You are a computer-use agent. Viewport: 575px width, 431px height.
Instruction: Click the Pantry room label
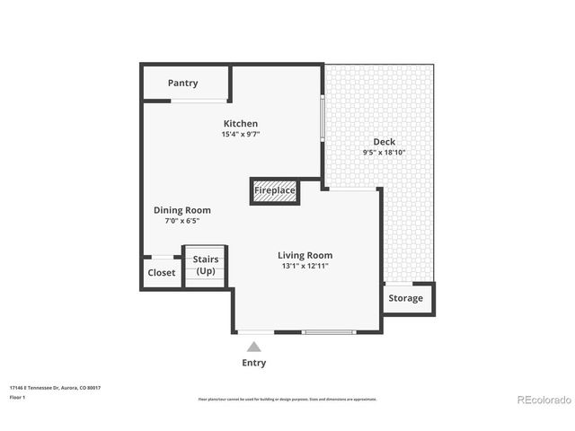[182, 84]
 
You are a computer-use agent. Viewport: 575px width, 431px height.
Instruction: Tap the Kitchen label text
[240, 124]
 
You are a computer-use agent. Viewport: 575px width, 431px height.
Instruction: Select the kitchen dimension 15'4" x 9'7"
[240, 135]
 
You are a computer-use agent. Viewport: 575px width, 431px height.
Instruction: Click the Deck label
[384, 142]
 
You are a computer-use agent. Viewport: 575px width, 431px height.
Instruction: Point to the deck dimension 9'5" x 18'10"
[384, 153]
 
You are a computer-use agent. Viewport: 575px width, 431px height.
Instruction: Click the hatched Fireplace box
[274, 190]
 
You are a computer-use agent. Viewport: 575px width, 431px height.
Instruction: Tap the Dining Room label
[181, 210]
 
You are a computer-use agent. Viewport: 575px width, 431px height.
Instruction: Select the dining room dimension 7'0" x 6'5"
[181, 221]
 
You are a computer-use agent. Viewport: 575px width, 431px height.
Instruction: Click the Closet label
[162, 273]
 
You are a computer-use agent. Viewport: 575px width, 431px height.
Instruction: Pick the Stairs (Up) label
[206, 265]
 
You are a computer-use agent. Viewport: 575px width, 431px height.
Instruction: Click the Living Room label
[305, 255]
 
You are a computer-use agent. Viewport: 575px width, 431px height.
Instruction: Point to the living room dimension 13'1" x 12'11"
[305, 266]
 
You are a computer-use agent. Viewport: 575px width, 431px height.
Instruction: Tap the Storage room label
[405, 298]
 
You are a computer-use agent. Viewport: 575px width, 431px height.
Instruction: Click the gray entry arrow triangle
[254, 347]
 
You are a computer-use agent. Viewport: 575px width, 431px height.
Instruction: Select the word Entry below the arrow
[253, 363]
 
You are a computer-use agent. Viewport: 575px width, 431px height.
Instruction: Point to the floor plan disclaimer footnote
[287, 399]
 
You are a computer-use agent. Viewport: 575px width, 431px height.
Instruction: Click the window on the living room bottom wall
[330, 332]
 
